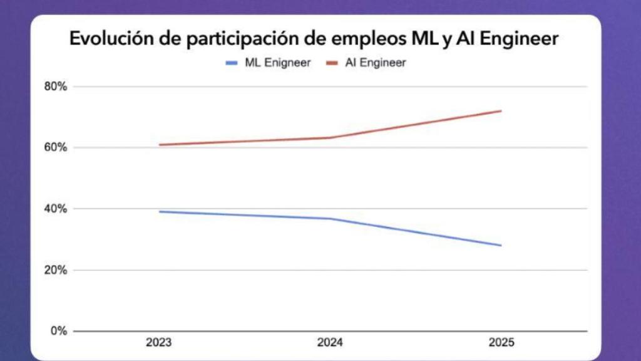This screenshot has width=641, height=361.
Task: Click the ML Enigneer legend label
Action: (x=277, y=63)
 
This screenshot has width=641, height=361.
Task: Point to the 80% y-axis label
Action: (x=55, y=86)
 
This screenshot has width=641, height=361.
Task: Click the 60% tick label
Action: (x=55, y=148)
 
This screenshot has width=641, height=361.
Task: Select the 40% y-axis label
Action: (x=55, y=209)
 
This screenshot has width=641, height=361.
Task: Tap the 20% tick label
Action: (x=55, y=270)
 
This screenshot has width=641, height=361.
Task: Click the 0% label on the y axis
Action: (x=58, y=331)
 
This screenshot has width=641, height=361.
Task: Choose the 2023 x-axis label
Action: (x=159, y=343)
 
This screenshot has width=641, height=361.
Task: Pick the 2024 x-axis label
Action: (x=330, y=343)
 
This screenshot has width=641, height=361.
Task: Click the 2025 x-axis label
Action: (x=501, y=343)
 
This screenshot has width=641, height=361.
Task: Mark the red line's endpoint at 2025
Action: (x=501, y=111)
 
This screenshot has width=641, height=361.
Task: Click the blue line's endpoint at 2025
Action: (x=501, y=245)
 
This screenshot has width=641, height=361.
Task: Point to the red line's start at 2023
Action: (x=160, y=145)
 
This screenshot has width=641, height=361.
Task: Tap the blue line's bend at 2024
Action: (x=330, y=219)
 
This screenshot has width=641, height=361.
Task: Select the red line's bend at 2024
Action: (x=330, y=138)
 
